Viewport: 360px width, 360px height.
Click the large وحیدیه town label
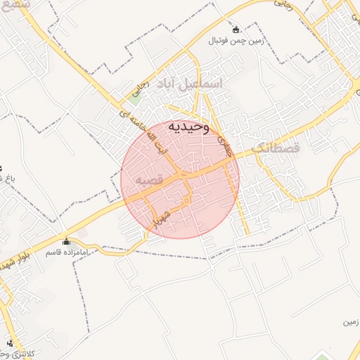click(x=188, y=127)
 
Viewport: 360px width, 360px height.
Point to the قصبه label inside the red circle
click(x=149, y=180)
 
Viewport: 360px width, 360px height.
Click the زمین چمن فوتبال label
click(x=235, y=41)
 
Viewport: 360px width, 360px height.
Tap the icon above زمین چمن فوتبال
click(x=235, y=30)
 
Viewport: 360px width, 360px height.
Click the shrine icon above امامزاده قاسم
click(x=67, y=241)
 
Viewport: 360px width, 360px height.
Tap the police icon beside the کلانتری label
click(x=10, y=344)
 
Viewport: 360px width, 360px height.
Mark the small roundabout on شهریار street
click(x=186, y=202)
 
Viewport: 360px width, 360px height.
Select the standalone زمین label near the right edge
click(x=349, y=323)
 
